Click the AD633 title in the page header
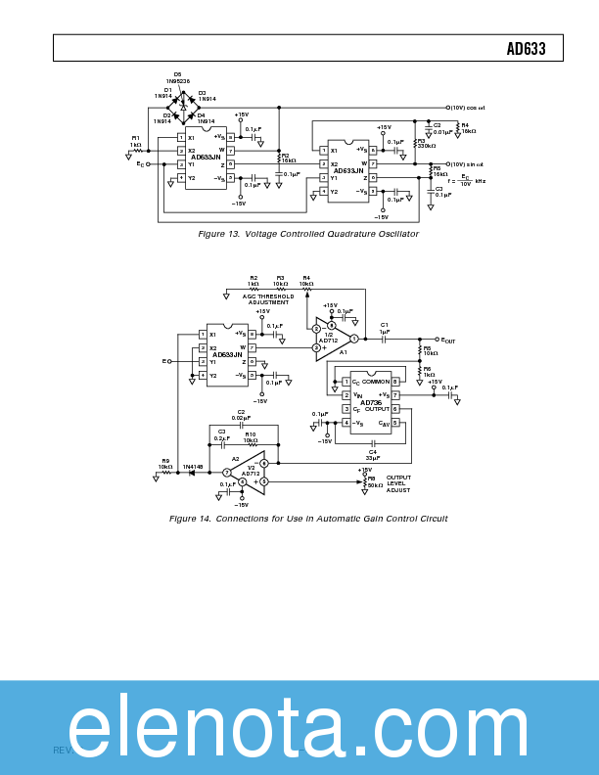[x=526, y=49]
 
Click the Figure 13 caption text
[x=308, y=234]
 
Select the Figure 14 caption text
[x=308, y=518]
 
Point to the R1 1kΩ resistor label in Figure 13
[x=136, y=141]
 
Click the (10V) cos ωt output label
[x=469, y=108]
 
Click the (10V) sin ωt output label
[x=468, y=163]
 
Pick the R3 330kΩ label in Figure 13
[x=426, y=143]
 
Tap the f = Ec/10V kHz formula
[x=467, y=181]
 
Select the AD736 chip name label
[x=371, y=402]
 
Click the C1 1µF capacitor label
[x=385, y=328]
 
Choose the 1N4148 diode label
[x=193, y=467]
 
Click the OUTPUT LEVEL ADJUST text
[x=399, y=483]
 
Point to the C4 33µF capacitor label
[x=373, y=454]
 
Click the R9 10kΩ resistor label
[x=165, y=464]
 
